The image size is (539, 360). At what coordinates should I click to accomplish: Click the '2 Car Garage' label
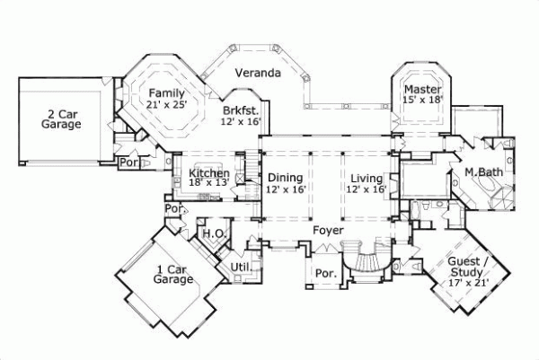pyautogui.click(x=60, y=119)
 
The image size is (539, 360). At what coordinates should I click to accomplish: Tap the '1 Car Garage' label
pyautogui.click(x=173, y=274)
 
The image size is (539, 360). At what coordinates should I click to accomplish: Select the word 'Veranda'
pyautogui.click(x=258, y=73)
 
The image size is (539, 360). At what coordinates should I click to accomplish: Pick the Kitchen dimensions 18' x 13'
pyautogui.click(x=208, y=183)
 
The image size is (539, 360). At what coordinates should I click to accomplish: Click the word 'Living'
pyautogui.click(x=368, y=178)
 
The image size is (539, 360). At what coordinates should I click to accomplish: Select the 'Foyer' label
pyautogui.click(x=328, y=231)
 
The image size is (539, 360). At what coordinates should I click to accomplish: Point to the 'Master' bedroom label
pyautogui.click(x=420, y=90)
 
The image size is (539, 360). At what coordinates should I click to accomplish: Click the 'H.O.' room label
pyautogui.click(x=213, y=233)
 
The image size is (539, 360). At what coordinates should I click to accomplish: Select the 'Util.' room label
pyautogui.click(x=239, y=267)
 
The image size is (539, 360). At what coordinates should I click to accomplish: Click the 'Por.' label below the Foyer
pyautogui.click(x=323, y=273)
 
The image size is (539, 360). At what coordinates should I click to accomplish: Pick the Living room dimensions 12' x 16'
pyautogui.click(x=368, y=189)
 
